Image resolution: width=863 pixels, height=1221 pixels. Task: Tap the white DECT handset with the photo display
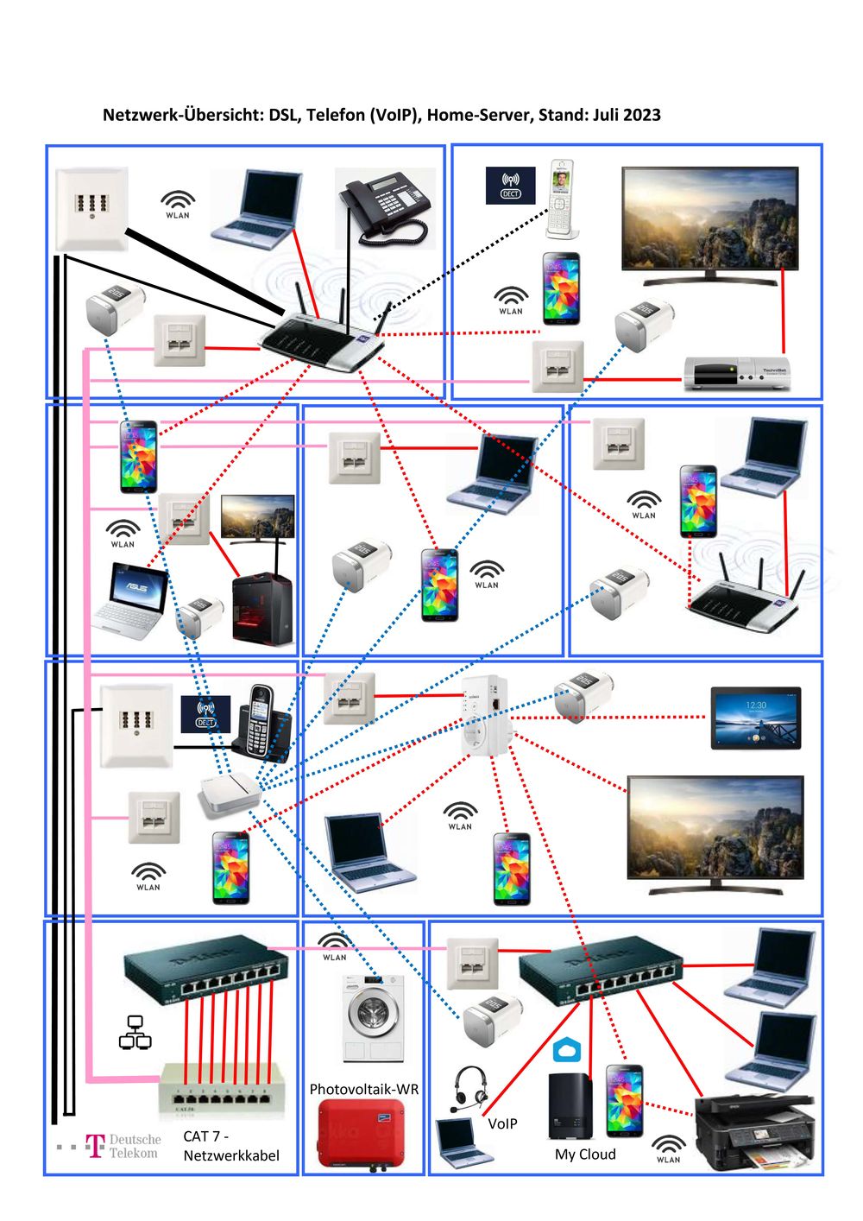click(561, 199)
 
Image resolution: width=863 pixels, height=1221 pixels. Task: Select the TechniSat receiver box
click(735, 373)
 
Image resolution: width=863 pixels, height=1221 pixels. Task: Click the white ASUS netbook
click(130, 598)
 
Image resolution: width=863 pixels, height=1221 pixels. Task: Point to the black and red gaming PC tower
click(262, 610)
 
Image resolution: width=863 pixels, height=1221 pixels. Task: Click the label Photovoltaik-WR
click(363, 1089)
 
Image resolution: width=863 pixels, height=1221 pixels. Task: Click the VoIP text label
click(502, 1123)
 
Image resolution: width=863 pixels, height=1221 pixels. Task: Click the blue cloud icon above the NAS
click(567, 1051)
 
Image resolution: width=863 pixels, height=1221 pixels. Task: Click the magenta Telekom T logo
click(95, 1146)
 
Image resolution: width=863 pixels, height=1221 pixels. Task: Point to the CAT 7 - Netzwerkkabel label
click(230, 1146)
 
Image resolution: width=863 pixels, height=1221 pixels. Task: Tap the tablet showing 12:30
click(755, 718)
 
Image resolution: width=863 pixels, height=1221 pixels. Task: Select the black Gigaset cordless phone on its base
click(261, 724)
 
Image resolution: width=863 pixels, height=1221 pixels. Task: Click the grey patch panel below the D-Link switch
click(222, 1090)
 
